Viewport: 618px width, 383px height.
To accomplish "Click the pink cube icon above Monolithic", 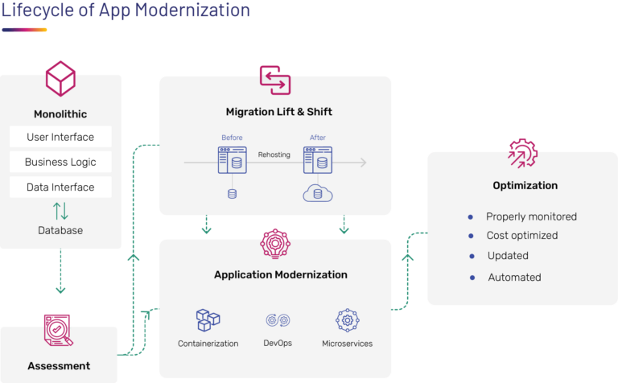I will click(x=60, y=80).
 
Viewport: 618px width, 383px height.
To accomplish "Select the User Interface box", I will click(x=60, y=137).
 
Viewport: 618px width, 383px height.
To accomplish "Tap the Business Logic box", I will click(x=60, y=162).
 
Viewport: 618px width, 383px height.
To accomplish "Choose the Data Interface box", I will click(x=60, y=187).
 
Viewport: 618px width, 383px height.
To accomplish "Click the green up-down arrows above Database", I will click(x=60, y=211).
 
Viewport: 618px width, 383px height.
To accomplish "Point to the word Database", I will click(x=60, y=231).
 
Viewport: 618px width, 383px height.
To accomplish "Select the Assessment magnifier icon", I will click(x=59, y=331).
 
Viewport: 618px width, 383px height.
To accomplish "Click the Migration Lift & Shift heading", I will click(x=278, y=111).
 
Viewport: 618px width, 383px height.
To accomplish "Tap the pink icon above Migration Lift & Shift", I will click(x=274, y=80).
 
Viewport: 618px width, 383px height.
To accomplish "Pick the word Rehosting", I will click(x=274, y=154).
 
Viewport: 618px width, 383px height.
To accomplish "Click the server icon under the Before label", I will click(x=231, y=160).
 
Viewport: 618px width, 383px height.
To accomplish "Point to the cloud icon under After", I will click(x=318, y=193).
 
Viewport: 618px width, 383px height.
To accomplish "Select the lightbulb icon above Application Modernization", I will click(x=275, y=244).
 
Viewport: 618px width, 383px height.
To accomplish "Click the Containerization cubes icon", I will click(x=208, y=320).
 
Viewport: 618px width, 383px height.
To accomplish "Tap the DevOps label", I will click(x=278, y=344).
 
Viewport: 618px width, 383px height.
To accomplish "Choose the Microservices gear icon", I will click(x=348, y=320).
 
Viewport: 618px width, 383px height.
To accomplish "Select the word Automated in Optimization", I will click(x=514, y=277).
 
